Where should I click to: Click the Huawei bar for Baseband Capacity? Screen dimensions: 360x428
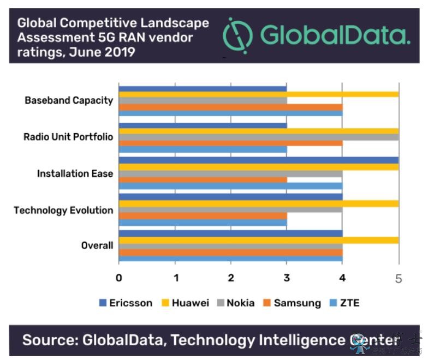point(258,94)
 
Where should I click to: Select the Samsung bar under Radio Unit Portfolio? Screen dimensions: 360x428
point(230,143)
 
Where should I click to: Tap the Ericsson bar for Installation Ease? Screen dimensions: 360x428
point(258,160)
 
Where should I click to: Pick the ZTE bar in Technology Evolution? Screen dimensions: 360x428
point(203,223)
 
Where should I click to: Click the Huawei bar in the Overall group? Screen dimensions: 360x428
point(258,240)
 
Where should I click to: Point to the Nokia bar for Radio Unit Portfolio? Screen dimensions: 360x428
point(258,137)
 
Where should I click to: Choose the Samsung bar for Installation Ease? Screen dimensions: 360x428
point(203,179)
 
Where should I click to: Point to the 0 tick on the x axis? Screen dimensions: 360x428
point(119,278)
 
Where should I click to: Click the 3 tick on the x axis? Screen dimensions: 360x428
point(287,278)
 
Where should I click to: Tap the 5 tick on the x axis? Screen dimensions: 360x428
point(398,278)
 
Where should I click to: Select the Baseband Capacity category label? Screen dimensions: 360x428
point(69,100)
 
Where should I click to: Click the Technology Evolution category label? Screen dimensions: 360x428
point(63,210)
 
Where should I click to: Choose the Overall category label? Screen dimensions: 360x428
point(97,245)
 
